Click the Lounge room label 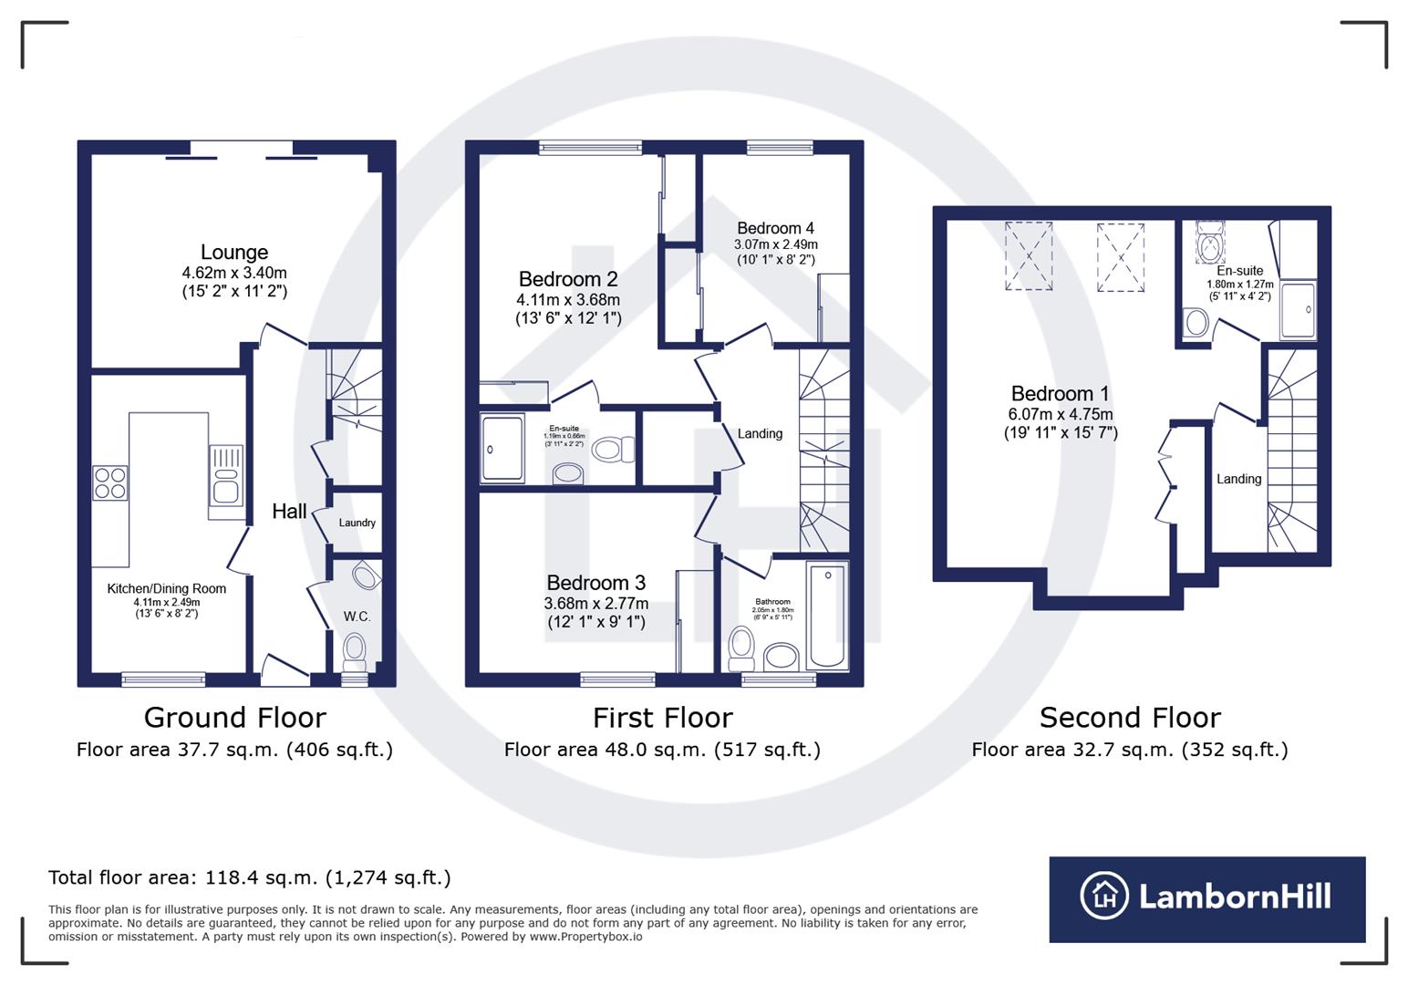click(234, 253)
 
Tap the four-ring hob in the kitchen click(109, 482)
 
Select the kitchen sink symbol click(224, 474)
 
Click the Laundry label click(357, 523)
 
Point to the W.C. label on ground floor click(357, 617)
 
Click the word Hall click(289, 512)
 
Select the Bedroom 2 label click(568, 279)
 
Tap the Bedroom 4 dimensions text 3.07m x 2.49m click(775, 244)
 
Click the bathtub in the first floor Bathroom click(827, 616)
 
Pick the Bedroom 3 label click(595, 583)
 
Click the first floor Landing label click(760, 433)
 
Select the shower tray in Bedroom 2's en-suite click(502, 448)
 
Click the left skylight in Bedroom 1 click(1029, 256)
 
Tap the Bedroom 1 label click(1060, 394)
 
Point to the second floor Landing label click(1238, 479)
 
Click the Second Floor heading click(1129, 718)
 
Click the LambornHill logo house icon click(1104, 896)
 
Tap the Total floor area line click(249, 877)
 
